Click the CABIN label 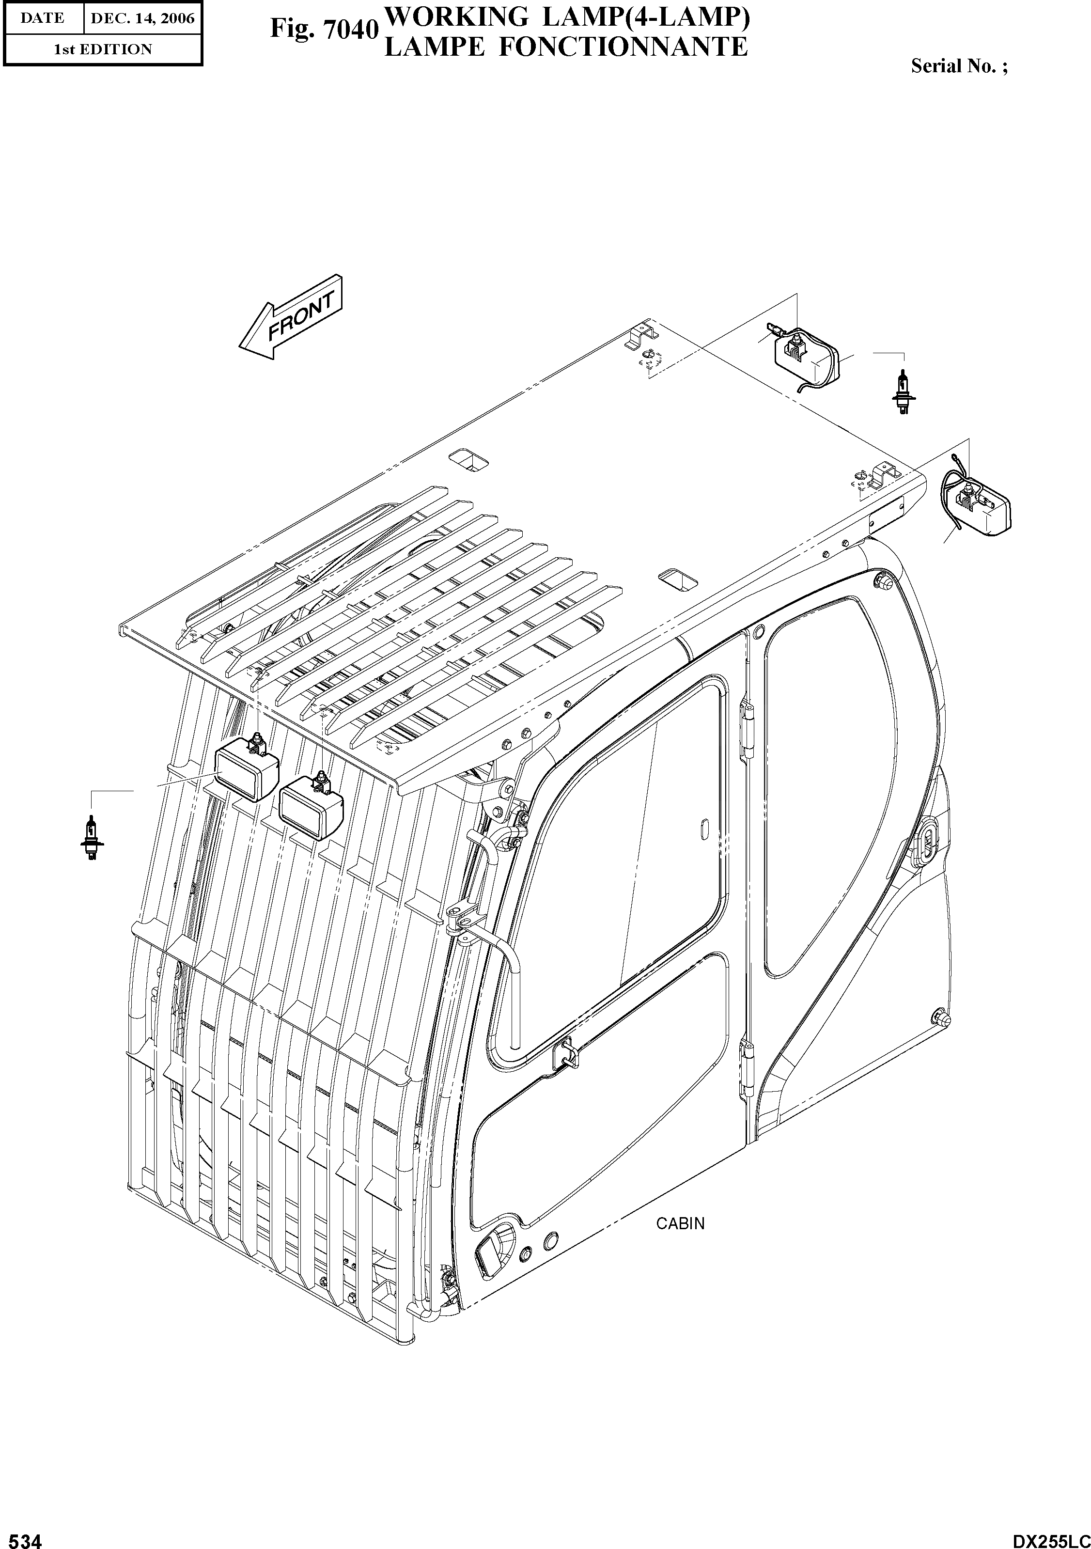pos(680,1223)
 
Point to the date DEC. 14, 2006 pos(142,18)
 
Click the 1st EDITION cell pos(103,49)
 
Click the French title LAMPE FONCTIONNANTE pos(565,47)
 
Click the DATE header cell pos(43,18)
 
